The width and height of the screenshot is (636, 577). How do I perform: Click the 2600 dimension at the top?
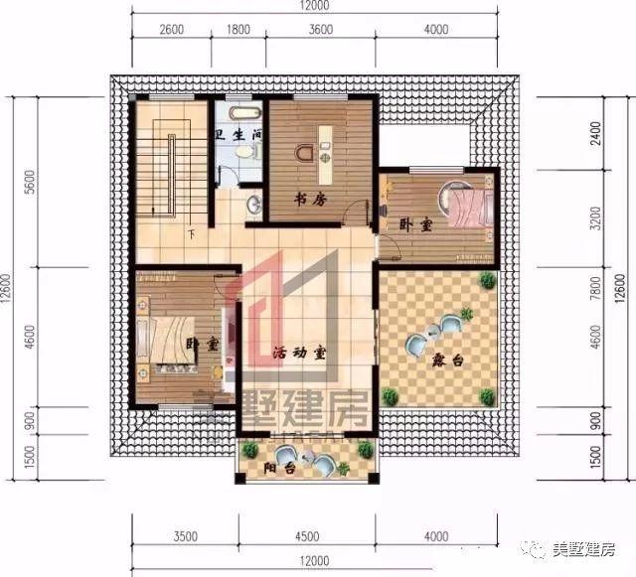171,31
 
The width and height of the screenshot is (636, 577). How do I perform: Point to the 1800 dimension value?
238,31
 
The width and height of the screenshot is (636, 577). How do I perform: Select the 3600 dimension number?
320,31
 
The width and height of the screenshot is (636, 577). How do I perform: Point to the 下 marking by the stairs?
190,234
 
